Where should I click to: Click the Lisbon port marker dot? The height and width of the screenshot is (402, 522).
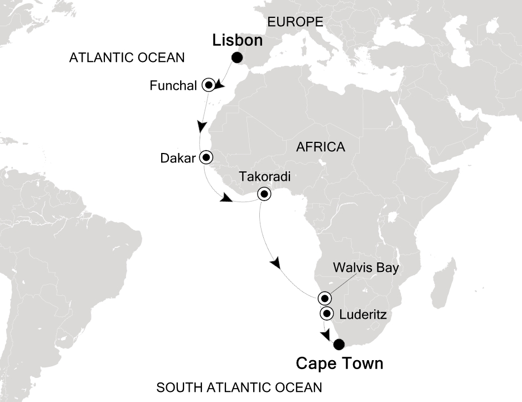click(238, 58)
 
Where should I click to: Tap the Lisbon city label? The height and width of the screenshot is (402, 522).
click(236, 41)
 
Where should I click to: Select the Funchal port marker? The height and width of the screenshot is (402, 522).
click(209, 85)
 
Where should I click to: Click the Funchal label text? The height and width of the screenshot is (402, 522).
click(173, 86)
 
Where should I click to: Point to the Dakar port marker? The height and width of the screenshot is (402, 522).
click(206, 157)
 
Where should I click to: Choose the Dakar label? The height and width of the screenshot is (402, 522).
click(178, 158)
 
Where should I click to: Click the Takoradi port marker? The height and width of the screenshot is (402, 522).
click(263, 194)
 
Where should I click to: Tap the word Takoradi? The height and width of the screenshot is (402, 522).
click(264, 177)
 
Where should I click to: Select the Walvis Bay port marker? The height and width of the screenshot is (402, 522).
click(325, 297)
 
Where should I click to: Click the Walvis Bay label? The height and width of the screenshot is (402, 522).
click(366, 268)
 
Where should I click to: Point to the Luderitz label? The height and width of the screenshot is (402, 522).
click(362, 316)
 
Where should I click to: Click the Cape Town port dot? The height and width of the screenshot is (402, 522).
click(339, 344)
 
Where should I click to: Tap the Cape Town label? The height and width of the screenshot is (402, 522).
click(339, 364)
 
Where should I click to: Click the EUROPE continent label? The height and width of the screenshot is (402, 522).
click(296, 22)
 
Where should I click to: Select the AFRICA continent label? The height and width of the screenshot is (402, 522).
click(321, 147)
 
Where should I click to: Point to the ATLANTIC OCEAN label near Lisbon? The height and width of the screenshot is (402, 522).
click(127, 58)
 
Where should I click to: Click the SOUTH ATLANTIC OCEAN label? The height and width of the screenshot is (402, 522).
click(239, 387)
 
